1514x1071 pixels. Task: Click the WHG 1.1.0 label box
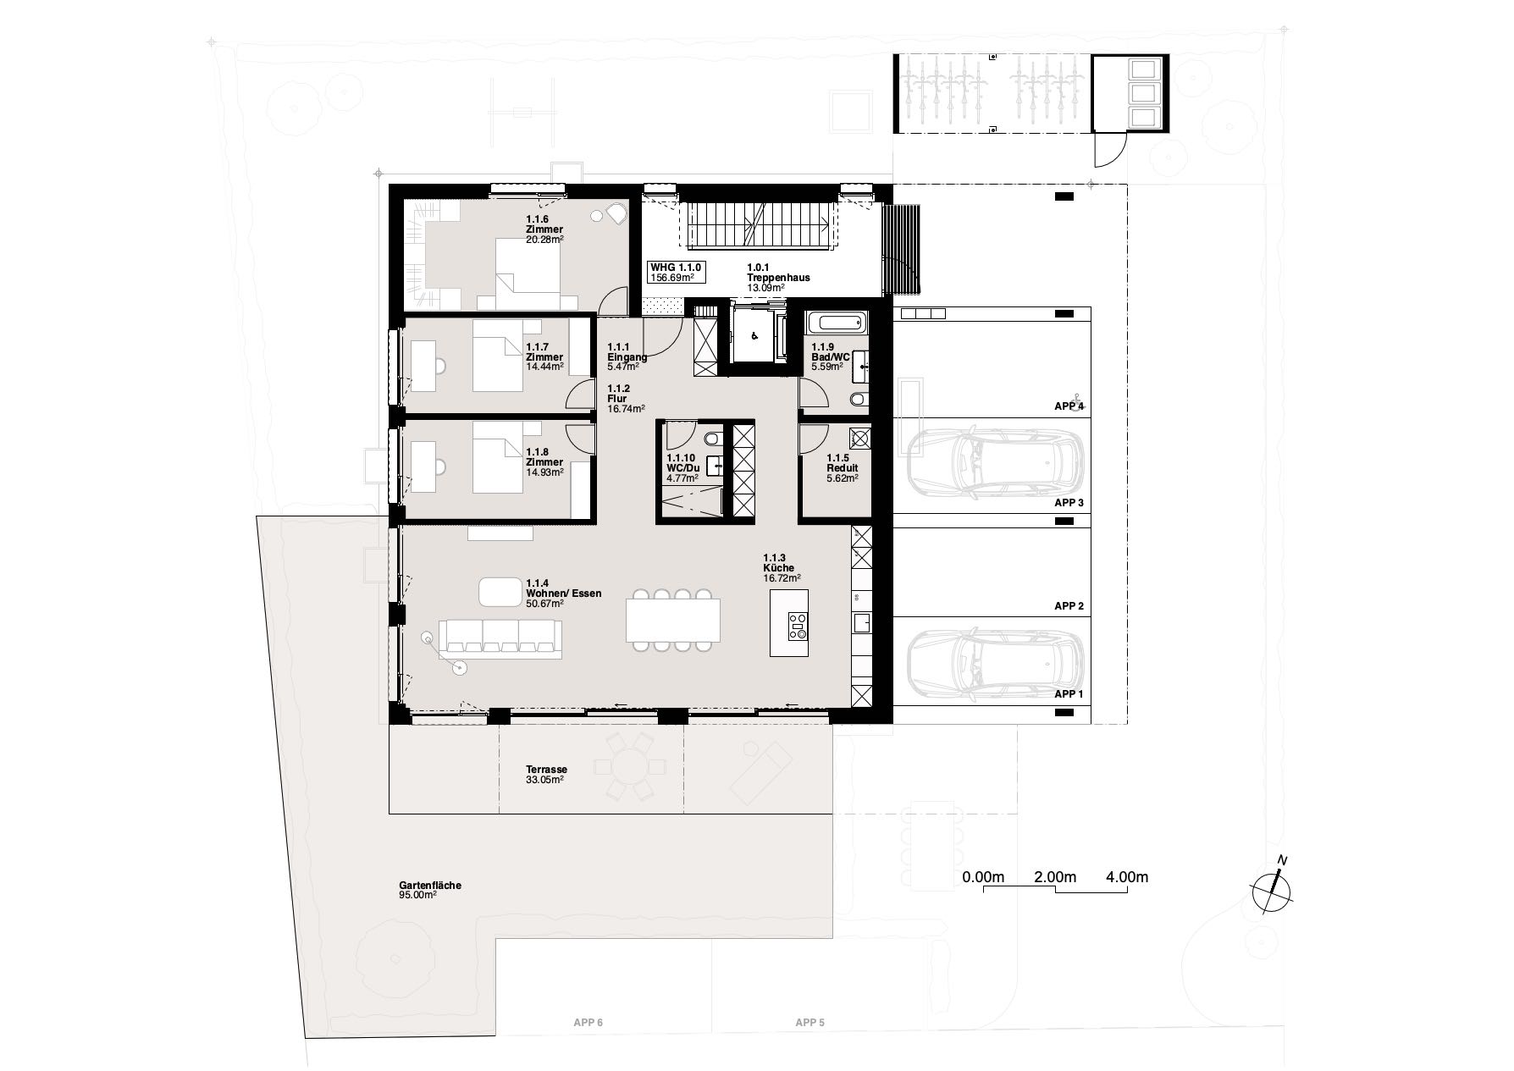coord(676,272)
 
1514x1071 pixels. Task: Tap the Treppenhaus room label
coord(778,278)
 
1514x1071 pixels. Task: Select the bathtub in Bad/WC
coord(836,322)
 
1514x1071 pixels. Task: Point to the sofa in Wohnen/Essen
coord(500,638)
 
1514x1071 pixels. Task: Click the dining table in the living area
coord(674,621)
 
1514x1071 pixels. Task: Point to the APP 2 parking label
coord(1069,606)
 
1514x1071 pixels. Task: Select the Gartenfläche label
coord(430,886)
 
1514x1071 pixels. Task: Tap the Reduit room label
coord(843,468)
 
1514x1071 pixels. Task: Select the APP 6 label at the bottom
coord(588,1023)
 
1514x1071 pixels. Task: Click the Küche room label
coord(778,568)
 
